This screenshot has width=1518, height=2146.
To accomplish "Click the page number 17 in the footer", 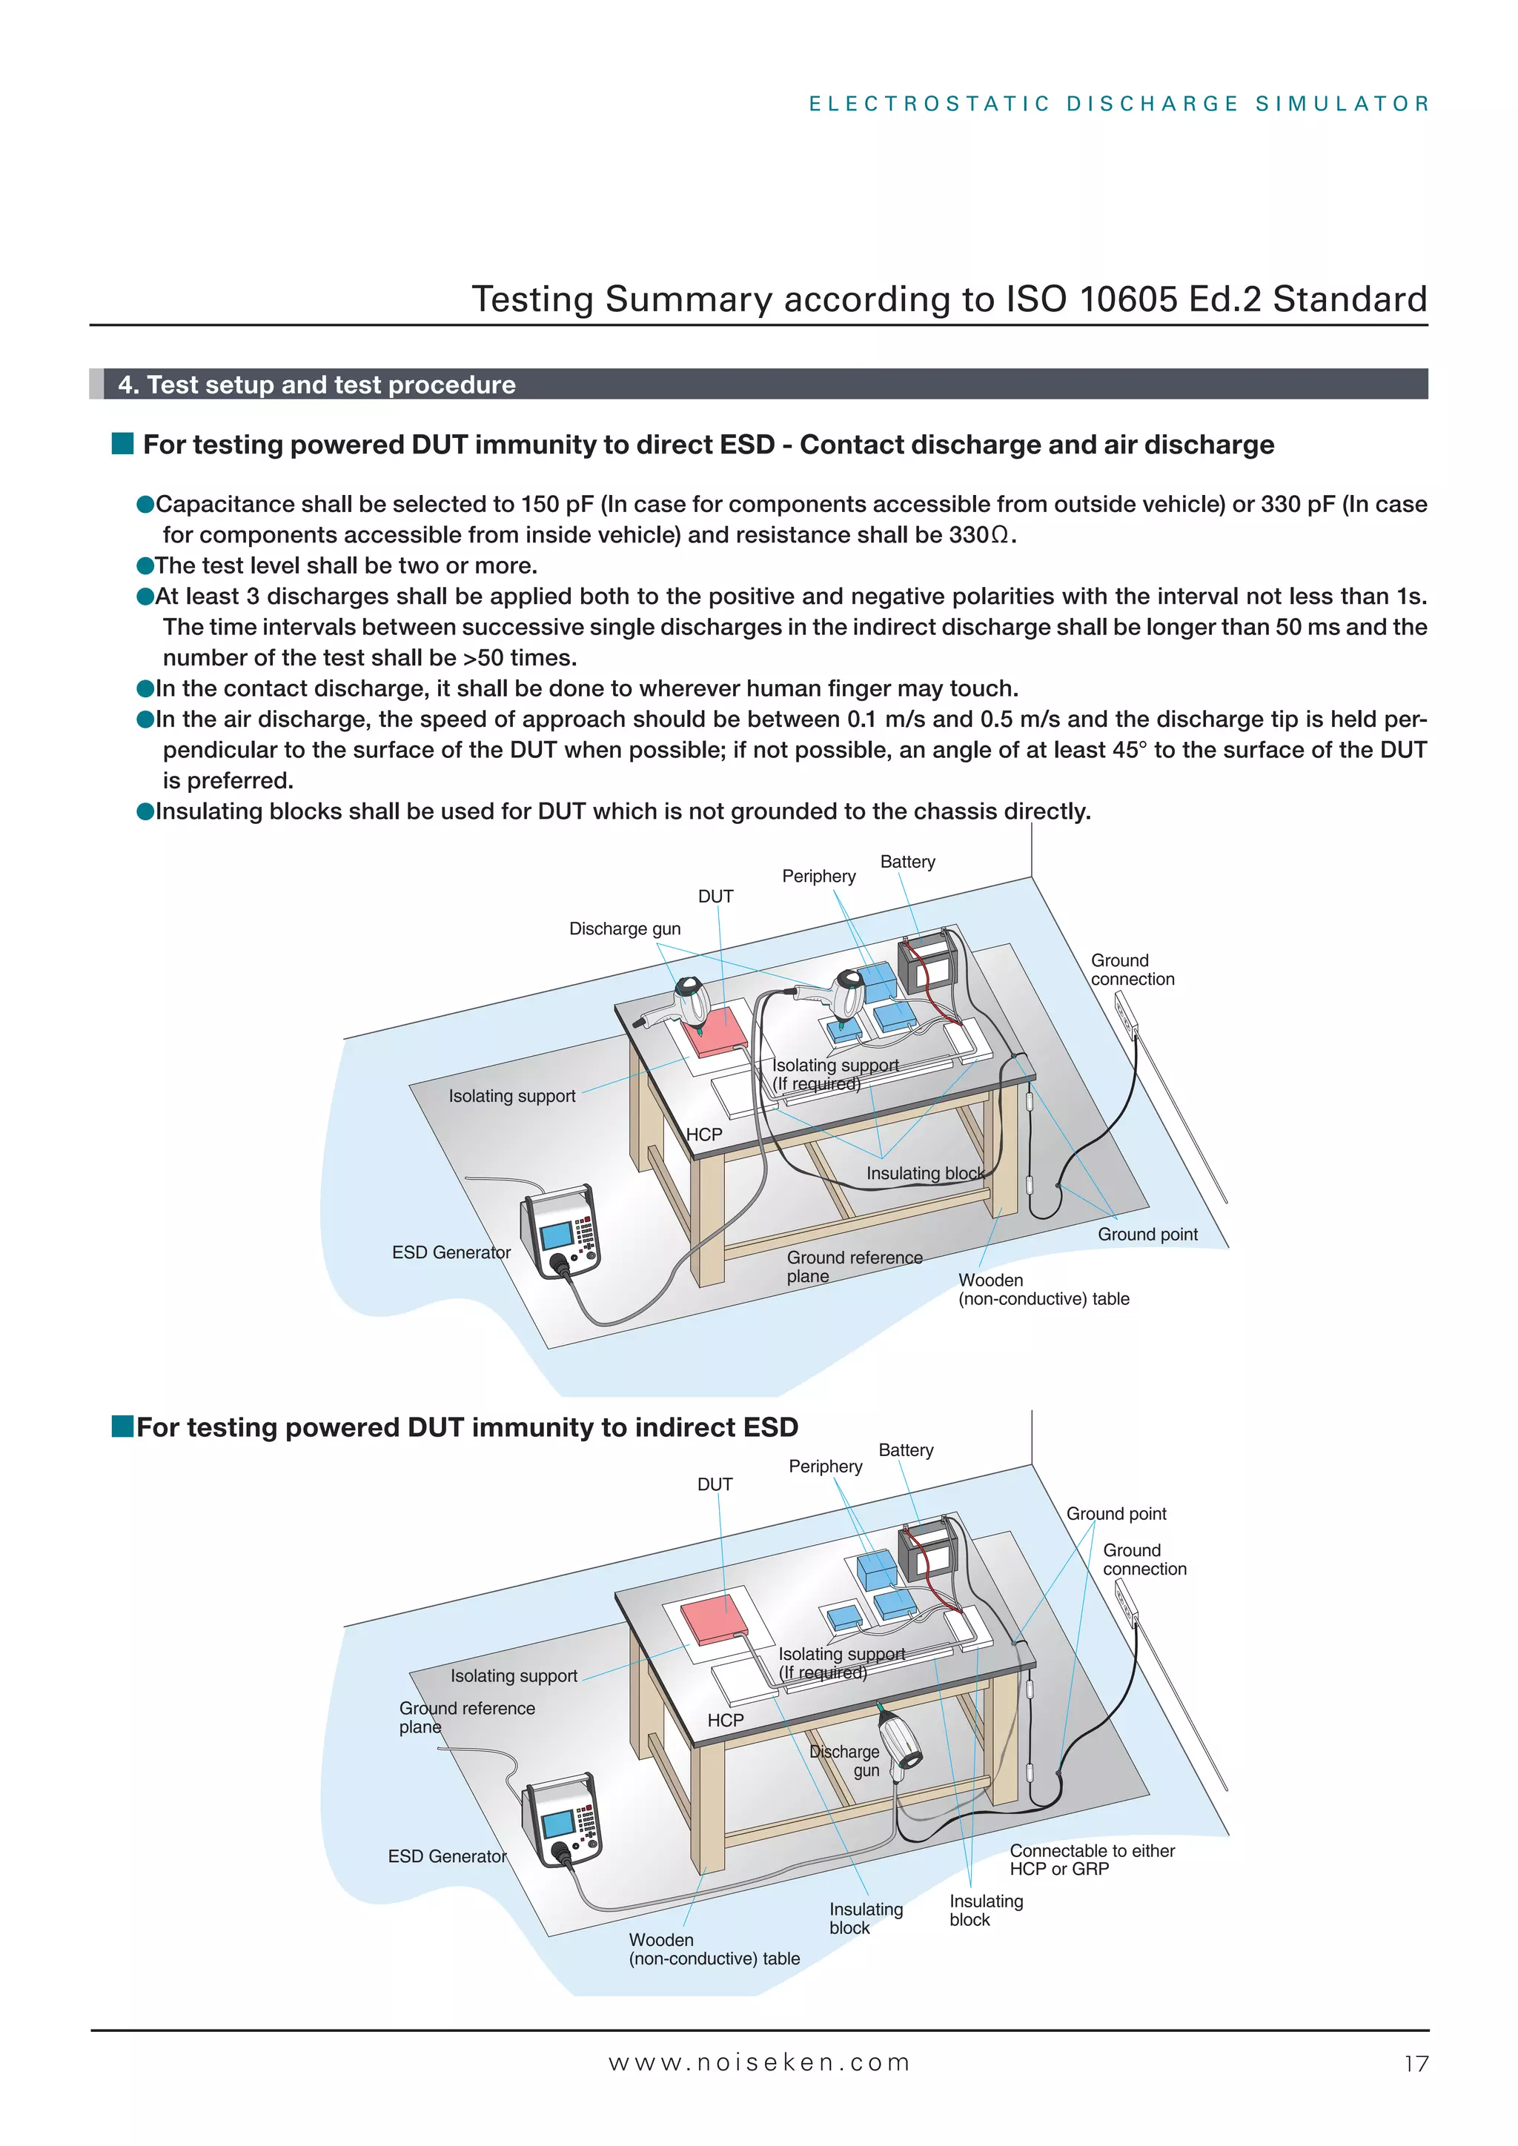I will pyautogui.click(x=1416, y=2064).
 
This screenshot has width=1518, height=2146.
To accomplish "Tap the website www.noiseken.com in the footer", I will pyautogui.click(x=759, y=2063).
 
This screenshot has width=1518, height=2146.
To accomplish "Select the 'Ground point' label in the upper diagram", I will pyautogui.click(x=1147, y=1235).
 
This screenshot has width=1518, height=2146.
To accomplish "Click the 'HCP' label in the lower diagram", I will pyautogui.click(x=726, y=1720).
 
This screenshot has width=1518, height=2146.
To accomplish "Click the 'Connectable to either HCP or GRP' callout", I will pyautogui.click(x=1092, y=1859).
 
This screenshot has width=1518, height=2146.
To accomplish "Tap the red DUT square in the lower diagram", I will pyautogui.click(x=716, y=1620).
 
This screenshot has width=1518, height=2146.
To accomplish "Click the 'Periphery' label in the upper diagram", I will pyautogui.click(x=819, y=876).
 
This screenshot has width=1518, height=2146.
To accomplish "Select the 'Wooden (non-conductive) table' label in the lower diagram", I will pyautogui.click(x=713, y=1949).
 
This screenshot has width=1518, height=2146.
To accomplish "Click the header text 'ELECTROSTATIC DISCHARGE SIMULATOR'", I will pyautogui.click(x=1119, y=104).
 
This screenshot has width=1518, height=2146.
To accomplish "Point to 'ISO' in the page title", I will pyautogui.click(x=1035, y=299).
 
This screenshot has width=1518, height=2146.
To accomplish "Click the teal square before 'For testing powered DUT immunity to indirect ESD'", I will pyautogui.click(x=122, y=1426).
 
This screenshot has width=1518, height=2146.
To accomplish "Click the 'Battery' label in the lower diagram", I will pyautogui.click(x=906, y=1449).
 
